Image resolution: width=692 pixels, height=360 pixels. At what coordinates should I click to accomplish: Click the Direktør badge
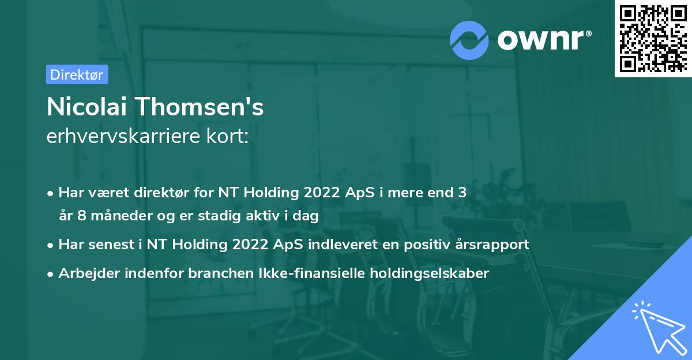pyautogui.click(x=77, y=74)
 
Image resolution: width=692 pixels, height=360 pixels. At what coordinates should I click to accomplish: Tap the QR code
pyautogui.click(x=653, y=38)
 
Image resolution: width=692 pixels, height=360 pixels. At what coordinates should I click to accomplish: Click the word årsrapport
pyautogui.click(x=490, y=244)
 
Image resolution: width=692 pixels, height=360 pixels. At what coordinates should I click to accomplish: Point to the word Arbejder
pyautogui.click(x=86, y=273)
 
